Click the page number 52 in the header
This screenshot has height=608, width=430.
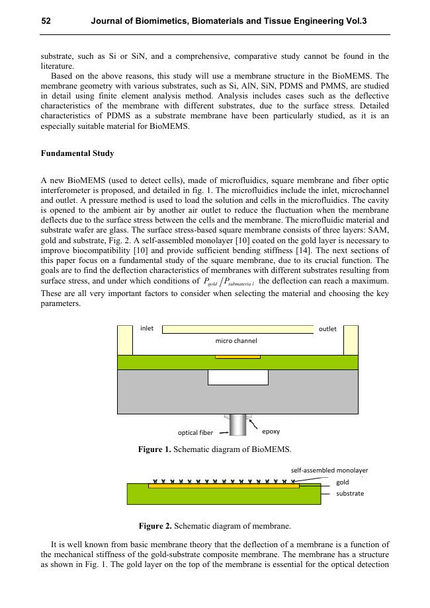coord(46,21)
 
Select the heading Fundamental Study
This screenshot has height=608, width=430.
coord(77,153)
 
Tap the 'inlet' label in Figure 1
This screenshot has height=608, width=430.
coord(147,328)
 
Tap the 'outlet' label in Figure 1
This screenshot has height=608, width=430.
coord(327,328)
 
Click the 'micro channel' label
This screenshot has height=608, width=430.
coord(236,341)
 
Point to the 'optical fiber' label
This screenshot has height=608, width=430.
coord(195,433)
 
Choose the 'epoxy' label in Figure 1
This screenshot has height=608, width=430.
coord(271,431)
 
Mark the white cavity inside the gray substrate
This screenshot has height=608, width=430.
coord(237,377)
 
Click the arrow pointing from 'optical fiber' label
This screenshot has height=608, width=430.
coord(222,433)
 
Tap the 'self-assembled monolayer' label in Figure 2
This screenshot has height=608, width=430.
coord(329,470)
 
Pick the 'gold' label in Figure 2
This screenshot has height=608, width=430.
coord(343,482)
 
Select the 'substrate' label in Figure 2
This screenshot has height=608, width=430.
coord(350,493)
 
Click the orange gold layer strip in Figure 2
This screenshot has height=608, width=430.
coord(224,486)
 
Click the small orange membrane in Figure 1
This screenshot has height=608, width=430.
coord(237,357)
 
